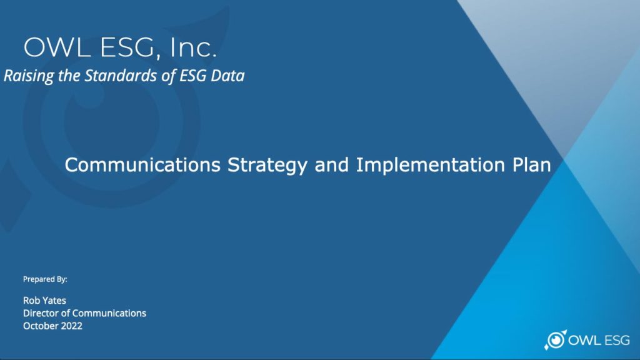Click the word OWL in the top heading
click(x=57, y=47)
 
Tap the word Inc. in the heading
click(x=194, y=47)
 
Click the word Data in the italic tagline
click(x=227, y=76)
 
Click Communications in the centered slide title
click(x=142, y=164)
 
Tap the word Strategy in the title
click(x=267, y=165)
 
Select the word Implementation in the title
click(x=430, y=165)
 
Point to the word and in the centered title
click(x=331, y=164)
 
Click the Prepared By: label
click(x=45, y=279)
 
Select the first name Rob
click(x=30, y=301)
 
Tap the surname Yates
click(x=53, y=301)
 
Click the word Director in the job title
click(x=41, y=313)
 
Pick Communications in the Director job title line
click(x=109, y=313)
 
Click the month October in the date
click(x=39, y=326)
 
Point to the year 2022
click(x=70, y=326)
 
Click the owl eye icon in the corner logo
click(x=555, y=339)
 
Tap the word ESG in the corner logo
click(x=617, y=340)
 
